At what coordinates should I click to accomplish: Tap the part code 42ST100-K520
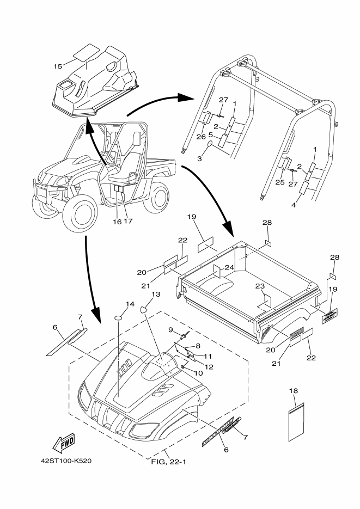[x=66, y=461]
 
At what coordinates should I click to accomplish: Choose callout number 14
[x=130, y=304]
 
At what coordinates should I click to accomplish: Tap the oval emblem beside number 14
[x=120, y=316]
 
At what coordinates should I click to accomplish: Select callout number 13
[x=156, y=295]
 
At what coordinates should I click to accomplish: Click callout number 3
[x=199, y=157]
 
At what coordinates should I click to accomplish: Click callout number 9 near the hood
[x=170, y=329]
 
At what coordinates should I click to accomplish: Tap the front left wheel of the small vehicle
[x=81, y=209]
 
